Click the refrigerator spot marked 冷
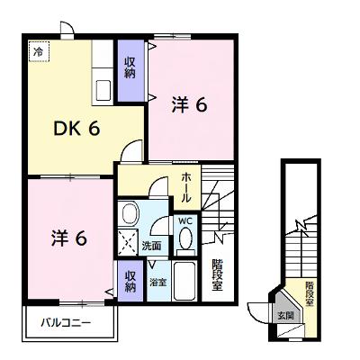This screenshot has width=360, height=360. pos(40,52)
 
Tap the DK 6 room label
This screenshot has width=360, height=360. pos(76,130)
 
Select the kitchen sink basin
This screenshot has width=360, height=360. pos(103,91)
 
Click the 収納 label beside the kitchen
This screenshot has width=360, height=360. pos(130,67)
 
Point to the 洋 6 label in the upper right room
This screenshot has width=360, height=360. pos(190,105)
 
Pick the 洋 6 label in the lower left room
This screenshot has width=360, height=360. pos(69,238)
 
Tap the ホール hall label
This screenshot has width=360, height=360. pos(186,188)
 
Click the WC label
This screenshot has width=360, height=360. pos(185,221)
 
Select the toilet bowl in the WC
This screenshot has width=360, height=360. pos(186,239)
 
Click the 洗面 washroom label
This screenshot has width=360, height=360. pos(151,246)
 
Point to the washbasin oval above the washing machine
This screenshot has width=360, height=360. pos(130,213)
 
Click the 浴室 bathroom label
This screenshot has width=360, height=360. pos(158,282)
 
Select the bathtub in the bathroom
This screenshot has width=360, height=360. pos(184,281)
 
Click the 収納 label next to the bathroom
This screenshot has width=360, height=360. pos(130,282)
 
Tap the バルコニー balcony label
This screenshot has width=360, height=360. pos(66,323)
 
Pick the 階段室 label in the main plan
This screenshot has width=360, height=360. pos(218,275)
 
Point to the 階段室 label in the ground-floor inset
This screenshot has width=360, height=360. pos(310,293)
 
